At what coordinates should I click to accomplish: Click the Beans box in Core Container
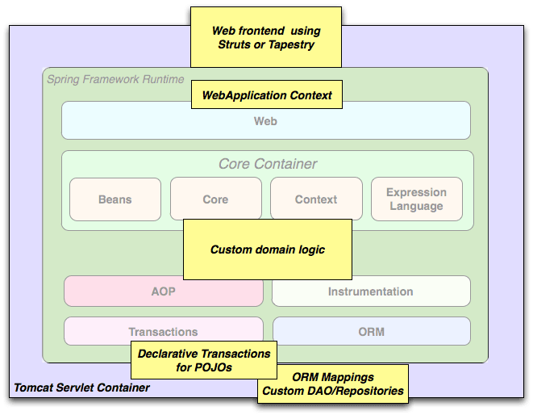[x=115, y=199]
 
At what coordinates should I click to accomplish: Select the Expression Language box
[x=417, y=199]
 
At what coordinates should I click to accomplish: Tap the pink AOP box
[x=164, y=291]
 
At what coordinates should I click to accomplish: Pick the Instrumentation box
[x=371, y=291]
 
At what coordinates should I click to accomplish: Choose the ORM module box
[x=372, y=331]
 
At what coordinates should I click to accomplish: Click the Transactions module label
[x=163, y=332]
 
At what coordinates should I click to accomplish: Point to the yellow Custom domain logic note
[x=268, y=249]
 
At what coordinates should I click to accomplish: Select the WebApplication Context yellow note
[x=267, y=94]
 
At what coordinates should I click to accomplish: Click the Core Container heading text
[x=268, y=164]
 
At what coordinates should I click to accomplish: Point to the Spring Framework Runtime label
[x=115, y=79]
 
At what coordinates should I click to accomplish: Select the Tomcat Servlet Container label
[x=81, y=388]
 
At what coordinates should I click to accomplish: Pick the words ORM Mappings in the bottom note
[x=333, y=377]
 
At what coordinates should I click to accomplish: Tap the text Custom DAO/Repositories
[x=333, y=391]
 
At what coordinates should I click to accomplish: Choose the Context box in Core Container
[x=316, y=199]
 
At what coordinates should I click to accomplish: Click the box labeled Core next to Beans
[x=216, y=199]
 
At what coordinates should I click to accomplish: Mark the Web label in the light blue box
[x=265, y=121]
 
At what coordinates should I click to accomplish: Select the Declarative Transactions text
[x=204, y=354]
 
